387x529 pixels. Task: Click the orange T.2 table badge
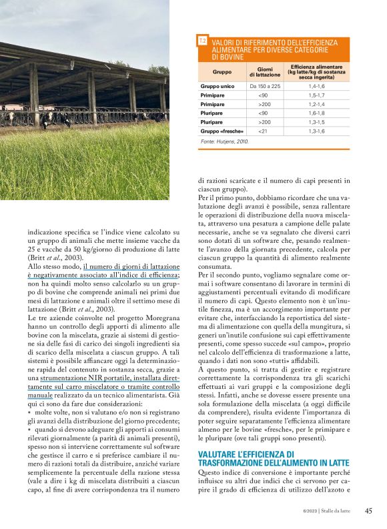point(203,41)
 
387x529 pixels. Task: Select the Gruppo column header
point(222,71)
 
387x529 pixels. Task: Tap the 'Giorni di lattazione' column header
point(265,71)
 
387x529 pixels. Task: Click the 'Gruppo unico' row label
point(217,86)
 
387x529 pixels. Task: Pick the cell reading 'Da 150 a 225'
point(265,86)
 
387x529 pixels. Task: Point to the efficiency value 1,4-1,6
point(316,86)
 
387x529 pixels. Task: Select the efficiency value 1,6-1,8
point(316,113)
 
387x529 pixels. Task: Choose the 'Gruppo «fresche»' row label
point(221,131)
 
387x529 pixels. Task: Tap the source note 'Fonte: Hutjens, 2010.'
point(224,142)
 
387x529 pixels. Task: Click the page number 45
point(368,511)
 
